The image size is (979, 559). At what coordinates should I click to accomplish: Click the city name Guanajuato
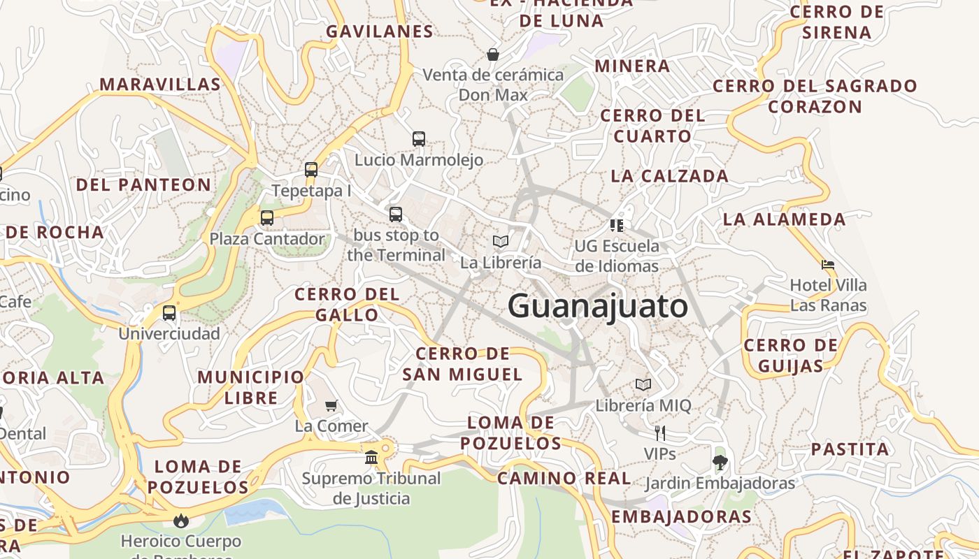pos(598,307)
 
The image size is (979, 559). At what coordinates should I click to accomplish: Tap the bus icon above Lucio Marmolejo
pos(419,139)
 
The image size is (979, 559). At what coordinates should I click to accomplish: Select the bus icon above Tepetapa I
pos(311,170)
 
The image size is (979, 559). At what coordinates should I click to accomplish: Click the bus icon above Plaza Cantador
pos(267,218)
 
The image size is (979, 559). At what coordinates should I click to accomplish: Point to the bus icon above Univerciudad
pos(169,313)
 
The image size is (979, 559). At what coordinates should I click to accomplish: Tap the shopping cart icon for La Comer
pos(331,405)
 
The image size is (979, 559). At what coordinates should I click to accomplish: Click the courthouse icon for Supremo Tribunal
pos(371,458)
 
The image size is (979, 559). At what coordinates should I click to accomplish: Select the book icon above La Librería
pos(500,242)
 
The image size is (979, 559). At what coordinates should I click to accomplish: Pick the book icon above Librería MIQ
pos(643,384)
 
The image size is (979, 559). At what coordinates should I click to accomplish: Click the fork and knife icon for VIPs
pos(659,433)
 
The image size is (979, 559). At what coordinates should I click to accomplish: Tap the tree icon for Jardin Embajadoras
pos(720,462)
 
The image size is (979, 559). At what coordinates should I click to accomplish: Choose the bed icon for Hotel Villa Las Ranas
pos(828,265)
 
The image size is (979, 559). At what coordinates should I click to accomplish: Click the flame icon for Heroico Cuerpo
pos(181,521)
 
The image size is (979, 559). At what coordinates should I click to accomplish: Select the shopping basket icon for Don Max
pos(493,54)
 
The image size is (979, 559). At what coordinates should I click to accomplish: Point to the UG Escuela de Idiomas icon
pos(616,225)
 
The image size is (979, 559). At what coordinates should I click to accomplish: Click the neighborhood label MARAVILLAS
pos(160,85)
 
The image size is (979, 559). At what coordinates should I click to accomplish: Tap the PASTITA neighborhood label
pos(850,449)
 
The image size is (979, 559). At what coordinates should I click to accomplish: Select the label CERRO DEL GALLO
pos(347,305)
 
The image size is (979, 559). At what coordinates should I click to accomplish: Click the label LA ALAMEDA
pos(784,219)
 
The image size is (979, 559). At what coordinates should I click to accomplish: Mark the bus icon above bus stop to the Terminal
pos(396,215)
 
